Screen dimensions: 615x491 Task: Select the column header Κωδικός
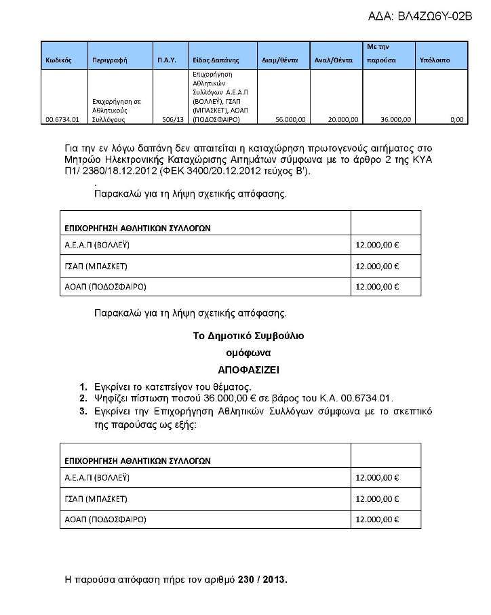59,60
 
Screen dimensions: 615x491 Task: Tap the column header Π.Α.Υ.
166,60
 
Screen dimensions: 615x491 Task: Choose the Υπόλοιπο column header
435,60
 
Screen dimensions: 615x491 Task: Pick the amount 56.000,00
290,119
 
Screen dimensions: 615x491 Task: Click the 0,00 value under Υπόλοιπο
456,119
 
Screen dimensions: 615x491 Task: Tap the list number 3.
83,412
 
